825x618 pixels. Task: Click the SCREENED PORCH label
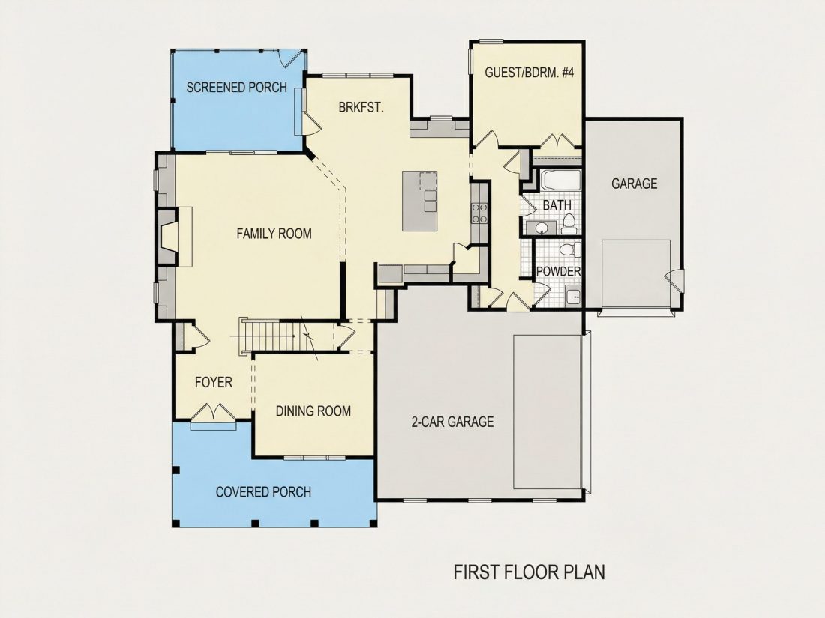click(x=237, y=87)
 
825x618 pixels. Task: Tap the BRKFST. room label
click(x=361, y=108)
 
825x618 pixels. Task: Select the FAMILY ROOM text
click(x=274, y=233)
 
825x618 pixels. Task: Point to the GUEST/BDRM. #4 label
click(x=529, y=73)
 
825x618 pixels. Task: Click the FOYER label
click(x=214, y=382)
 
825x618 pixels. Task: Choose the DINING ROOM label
click(x=313, y=411)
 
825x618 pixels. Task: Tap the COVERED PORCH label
click(x=263, y=492)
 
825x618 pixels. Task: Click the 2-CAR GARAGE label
click(x=452, y=422)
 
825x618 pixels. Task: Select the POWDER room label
click(x=558, y=271)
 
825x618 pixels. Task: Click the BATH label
click(x=557, y=205)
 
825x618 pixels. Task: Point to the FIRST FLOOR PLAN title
click(x=529, y=572)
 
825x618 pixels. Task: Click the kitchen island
click(x=420, y=201)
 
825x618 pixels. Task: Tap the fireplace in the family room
click(x=167, y=236)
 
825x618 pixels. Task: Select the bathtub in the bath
click(x=561, y=181)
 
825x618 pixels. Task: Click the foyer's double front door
click(x=213, y=413)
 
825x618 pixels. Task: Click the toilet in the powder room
click(x=570, y=249)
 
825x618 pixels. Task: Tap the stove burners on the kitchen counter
click(x=479, y=213)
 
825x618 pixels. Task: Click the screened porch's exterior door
click(x=290, y=58)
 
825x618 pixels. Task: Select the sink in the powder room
click(x=573, y=297)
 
